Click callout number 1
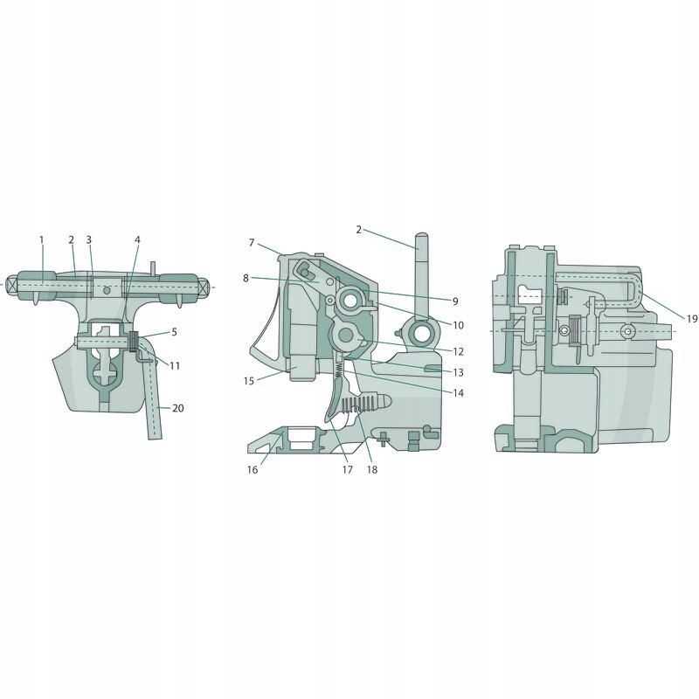pos(41,239)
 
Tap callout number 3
pos(89,239)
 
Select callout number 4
pos(137,239)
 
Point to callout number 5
pos(174,332)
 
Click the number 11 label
pos(175,365)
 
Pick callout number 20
pos(178,408)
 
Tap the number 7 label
pos(252,243)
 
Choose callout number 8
pos(246,278)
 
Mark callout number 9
pos(455,301)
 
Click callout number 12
pos(458,351)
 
